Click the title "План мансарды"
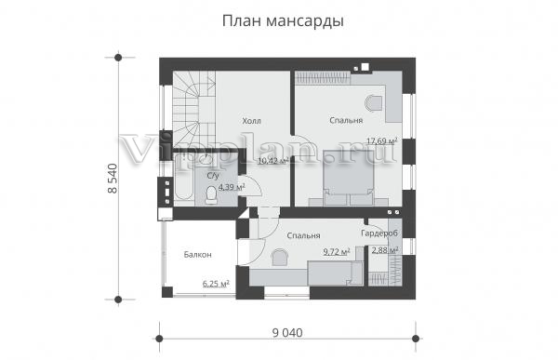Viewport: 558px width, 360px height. (x=283, y=21)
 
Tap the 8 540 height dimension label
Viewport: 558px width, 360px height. (x=113, y=179)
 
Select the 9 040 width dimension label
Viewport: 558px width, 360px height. (x=287, y=333)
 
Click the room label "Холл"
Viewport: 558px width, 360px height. (x=252, y=121)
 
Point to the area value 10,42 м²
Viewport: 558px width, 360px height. (x=272, y=161)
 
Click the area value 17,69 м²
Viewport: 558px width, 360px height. (x=382, y=141)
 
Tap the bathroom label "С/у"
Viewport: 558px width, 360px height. (x=213, y=176)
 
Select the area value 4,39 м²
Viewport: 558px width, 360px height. (x=232, y=187)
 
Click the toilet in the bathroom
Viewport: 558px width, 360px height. (x=211, y=195)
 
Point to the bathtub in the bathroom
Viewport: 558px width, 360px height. (x=183, y=180)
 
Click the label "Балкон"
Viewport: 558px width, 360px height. (x=197, y=255)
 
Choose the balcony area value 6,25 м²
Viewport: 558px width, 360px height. (x=216, y=284)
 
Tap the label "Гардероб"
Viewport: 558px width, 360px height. (x=379, y=233)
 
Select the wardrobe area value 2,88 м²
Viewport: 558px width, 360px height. (x=385, y=250)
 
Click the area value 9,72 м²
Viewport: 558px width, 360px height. (x=337, y=252)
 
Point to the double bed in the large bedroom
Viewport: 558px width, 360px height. (x=349, y=179)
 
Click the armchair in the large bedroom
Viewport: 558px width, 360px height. (x=373, y=103)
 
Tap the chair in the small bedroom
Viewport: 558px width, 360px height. (x=280, y=257)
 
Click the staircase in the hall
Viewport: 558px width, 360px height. (x=194, y=109)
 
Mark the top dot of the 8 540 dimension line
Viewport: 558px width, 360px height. (x=118, y=58)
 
